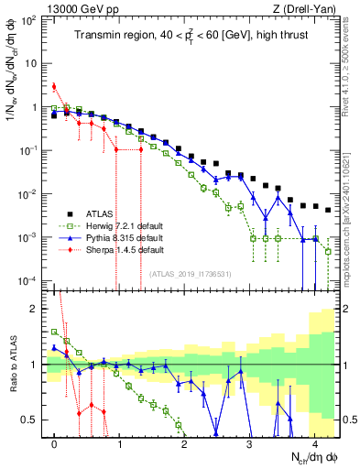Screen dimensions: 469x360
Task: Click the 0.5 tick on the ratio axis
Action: pos(33,420)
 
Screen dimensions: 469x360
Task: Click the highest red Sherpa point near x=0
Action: pos(54,87)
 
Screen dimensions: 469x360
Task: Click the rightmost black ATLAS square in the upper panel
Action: pos(328,209)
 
